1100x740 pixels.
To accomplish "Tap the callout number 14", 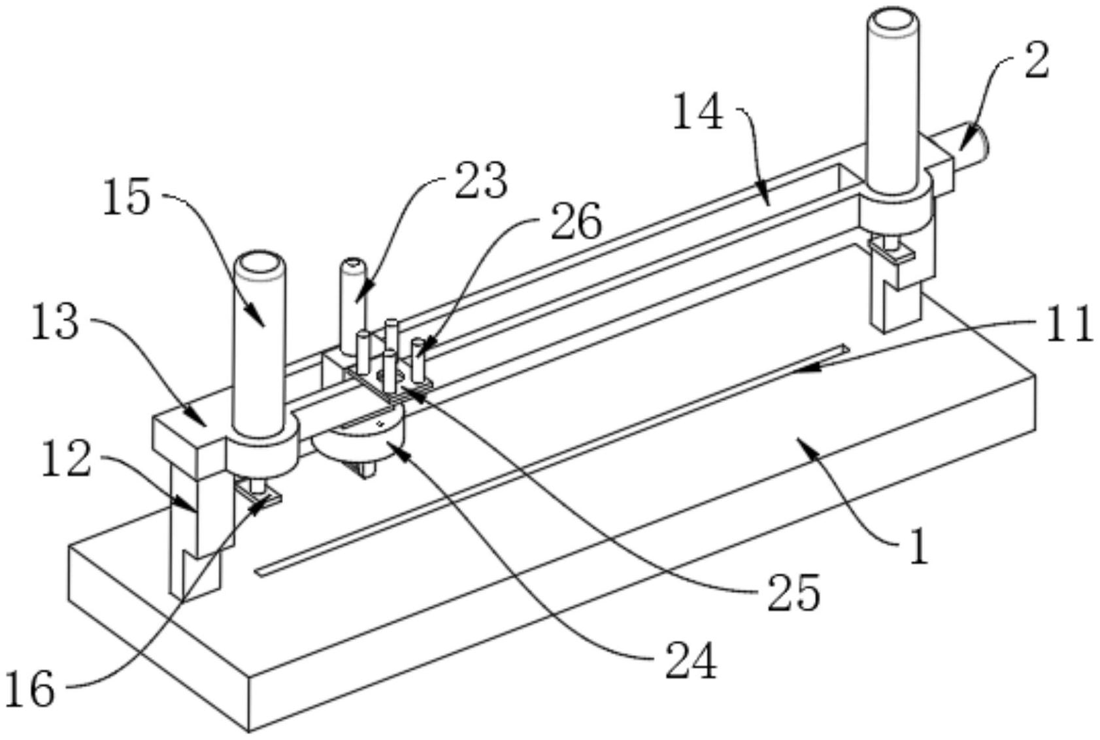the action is pos(697,112).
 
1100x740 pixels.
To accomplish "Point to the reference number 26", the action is pos(576,223).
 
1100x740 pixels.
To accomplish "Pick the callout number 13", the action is pos(55,322).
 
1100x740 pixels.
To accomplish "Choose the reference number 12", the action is pos(66,458).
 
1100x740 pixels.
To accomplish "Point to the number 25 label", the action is pos(793,594).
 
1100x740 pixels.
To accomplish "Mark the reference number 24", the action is pos(692,662).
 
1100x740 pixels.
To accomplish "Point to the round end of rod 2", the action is pos(978,141).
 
